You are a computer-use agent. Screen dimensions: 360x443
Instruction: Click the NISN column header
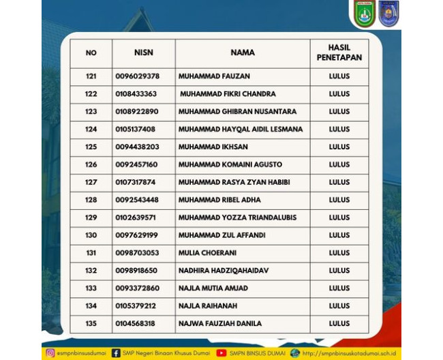click(x=143, y=52)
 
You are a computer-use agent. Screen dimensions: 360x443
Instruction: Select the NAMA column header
click(x=243, y=52)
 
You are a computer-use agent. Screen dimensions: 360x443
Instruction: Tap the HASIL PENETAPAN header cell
click(x=339, y=52)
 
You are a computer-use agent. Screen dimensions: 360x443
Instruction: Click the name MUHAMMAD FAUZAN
click(x=214, y=76)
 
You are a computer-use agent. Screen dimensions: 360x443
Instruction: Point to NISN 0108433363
click(x=136, y=94)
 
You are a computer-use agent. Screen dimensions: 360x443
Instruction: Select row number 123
click(x=91, y=112)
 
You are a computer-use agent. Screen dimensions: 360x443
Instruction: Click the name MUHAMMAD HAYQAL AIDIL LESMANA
click(x=240, y=130)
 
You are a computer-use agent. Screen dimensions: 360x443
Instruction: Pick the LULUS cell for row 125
click(x=339, y=147)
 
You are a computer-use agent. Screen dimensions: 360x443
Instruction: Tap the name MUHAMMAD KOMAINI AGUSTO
click(x=230, y=164)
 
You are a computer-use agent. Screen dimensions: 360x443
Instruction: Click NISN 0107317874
click(x=136, y=182)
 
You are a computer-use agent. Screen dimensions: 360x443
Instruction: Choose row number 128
click(x=91, y=200)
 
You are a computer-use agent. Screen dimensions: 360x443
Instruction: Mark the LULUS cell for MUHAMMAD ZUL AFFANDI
click(x=339, y=235)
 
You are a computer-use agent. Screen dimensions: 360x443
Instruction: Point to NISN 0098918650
click(x=136, y=271)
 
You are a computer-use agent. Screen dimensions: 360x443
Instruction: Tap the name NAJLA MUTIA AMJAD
click(x=213, y=288)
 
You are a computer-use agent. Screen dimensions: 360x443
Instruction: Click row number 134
click(x=91, y=306)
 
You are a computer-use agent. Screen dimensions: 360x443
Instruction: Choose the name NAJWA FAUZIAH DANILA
click(x=219, y=324)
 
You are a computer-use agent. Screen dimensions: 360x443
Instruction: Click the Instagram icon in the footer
click(x=50, y=353)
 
